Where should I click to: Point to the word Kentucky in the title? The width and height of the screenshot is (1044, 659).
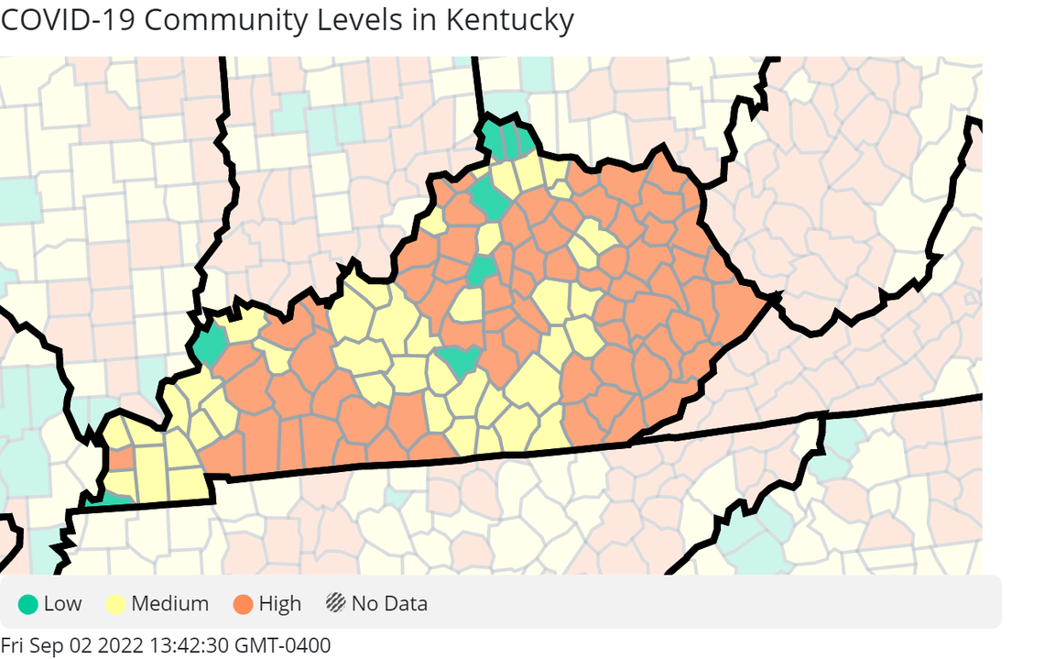coord(510,20)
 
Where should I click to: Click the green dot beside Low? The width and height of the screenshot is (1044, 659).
coord(28,604)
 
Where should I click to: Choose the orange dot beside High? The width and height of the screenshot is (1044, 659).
coord(243,604)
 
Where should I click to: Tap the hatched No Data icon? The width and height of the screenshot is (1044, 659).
coord(336,604)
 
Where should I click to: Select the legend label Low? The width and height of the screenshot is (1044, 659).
coord(62,604)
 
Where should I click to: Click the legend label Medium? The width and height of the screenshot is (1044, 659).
coord(169,604)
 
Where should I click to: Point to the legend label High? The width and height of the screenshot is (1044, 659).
coord(279,604)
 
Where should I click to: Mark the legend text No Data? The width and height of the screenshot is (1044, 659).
coord(389,604)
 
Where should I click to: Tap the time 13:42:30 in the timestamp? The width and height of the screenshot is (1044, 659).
coord(188,645)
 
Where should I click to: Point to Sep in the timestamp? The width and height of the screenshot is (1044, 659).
coord(49,645)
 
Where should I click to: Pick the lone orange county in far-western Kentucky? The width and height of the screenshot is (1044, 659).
coord(120,457)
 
